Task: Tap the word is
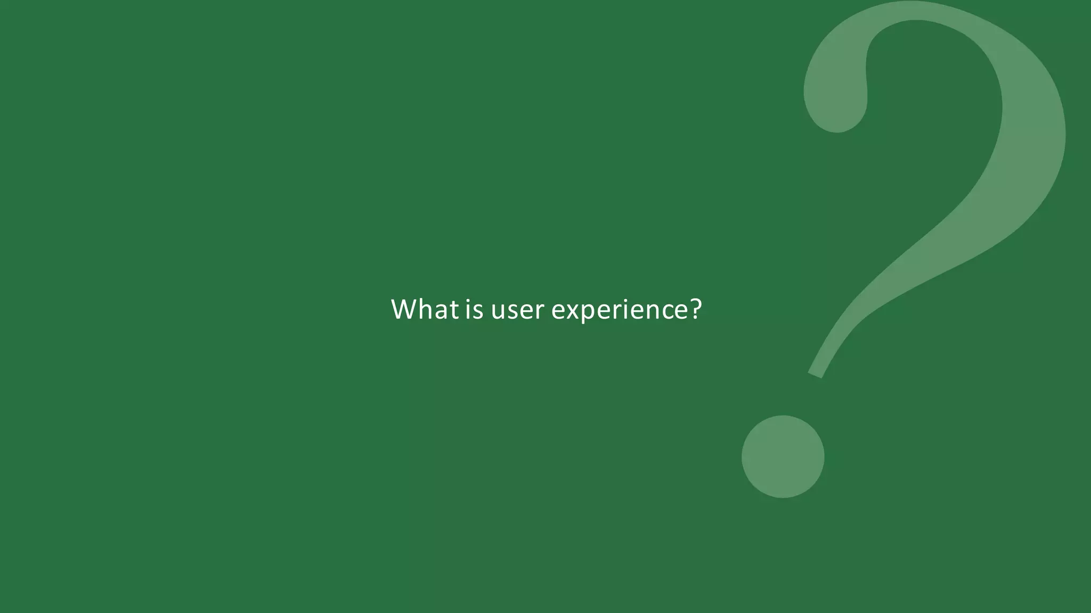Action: pyautogui.click(x=474, y=309)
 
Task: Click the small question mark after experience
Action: pyautogui.click(x=696, y=309)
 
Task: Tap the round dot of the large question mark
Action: pyautogui.click(x=783, y=457)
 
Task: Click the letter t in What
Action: pyautogui.click(x=454, y=310)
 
